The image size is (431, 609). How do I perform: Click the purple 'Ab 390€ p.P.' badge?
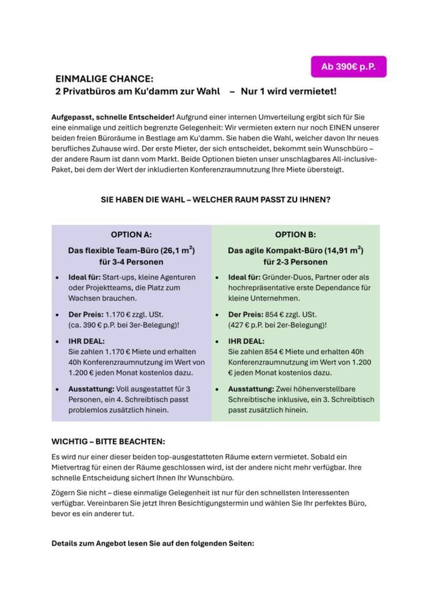click(x=348, y=67)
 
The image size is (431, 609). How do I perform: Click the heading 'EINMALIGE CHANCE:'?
click(x=104, y=79)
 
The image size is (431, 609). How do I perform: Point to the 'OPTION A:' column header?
click(x=131, y=234)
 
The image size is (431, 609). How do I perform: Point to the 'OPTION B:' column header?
click(x=295, y=234)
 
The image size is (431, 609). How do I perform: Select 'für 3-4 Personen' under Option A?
click(x=131, y=261)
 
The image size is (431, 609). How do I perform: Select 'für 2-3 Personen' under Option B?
click(x=295, y=261)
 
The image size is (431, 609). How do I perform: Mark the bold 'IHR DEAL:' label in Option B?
click(x=246, y=341)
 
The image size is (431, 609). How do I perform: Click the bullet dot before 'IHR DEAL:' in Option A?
click(x=58, y=341)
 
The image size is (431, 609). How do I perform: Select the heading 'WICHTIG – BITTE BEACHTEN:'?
click(x=108, y=441)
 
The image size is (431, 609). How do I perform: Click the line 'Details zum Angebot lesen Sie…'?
click(x=152, y=544)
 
